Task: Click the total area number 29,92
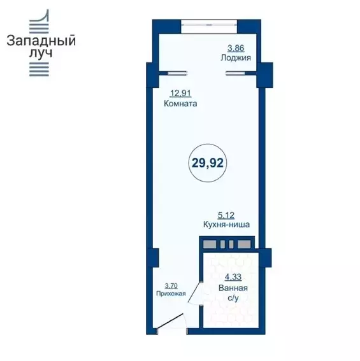click(208, 163)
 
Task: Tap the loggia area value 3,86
click(236, 48)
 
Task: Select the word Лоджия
click(236, 57)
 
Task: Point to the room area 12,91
click(181, 94)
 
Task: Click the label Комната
click(180, 104)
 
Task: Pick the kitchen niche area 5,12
click(226, 215)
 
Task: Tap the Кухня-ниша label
click(226, 224)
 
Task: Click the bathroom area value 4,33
click(233, 277)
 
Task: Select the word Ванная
click(233, 288)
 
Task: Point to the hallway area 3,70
click(171, 286)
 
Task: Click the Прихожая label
click(171, 294)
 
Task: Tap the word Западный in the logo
click(41, 41)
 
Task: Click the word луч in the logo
click(41, 53)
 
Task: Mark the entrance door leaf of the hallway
click(170, 320)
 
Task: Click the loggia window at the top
click(209, 24)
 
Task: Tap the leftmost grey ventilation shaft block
click(209, 244)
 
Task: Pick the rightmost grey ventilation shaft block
click(244, 244)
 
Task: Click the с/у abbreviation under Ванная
click(233, 299)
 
